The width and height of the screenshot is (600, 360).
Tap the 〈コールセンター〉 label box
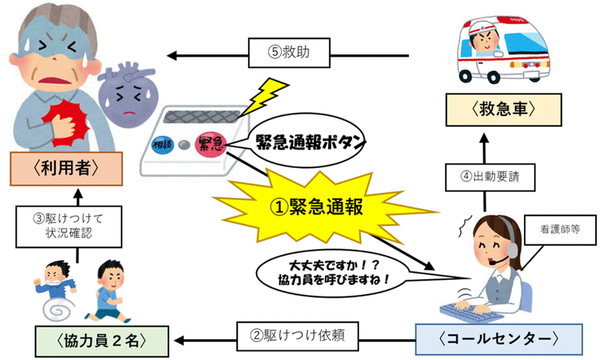pos(498,338)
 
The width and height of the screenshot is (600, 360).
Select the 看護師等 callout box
pos(560,226)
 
